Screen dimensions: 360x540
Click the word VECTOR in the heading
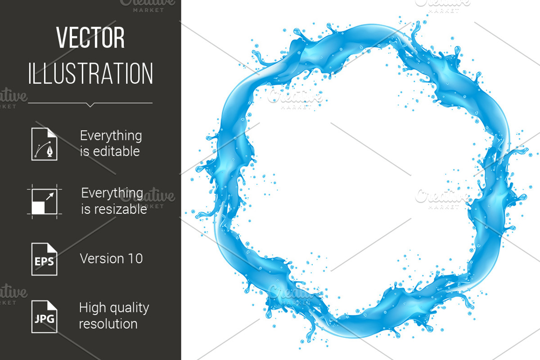[90, 39]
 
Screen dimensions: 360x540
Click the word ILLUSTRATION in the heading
[90, 73]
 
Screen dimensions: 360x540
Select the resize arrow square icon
[44, 201]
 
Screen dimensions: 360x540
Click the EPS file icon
[44, 259]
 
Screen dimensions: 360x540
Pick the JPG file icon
[44, 316]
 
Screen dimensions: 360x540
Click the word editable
[116, 152]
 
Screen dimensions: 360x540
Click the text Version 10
[111, 259]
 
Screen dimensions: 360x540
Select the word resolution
[108, 324]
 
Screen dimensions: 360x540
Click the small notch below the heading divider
[90, 105]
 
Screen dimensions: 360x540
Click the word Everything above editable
[111, 136]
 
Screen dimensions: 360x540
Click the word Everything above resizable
[112, 193]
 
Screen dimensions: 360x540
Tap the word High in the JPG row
[90, 308]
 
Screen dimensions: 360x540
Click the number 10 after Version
[135, 259]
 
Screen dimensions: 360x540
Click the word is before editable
[84, 152]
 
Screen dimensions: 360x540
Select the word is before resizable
[85, 210]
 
